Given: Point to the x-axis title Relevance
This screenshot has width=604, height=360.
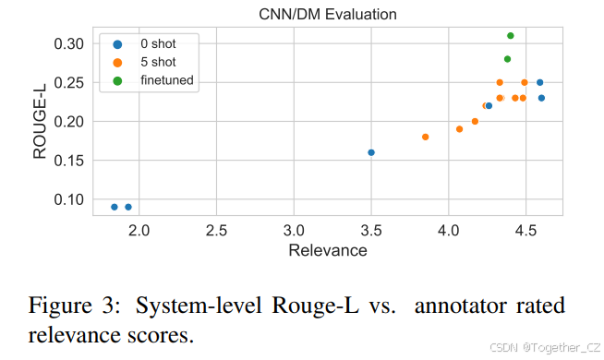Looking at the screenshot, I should tap(327, 251).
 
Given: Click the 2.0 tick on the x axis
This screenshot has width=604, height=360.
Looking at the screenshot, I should tap(139, 229).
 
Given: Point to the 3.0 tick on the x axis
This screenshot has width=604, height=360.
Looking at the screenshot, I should tap(294, 229).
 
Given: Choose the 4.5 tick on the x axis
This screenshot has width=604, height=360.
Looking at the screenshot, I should tap(525, 229).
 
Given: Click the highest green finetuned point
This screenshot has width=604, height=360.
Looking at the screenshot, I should tap(511, 36).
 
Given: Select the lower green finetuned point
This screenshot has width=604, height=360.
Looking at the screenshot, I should tap(507, 59).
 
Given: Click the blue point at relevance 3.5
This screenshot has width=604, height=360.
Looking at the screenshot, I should tap(371, 152).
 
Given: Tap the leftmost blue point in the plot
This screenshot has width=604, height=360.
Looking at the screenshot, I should tap(115, 207).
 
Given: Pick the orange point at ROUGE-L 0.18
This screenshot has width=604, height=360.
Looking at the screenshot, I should tap(426, 137).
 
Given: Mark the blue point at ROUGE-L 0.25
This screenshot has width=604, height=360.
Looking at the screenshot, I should tap(540, 82).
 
